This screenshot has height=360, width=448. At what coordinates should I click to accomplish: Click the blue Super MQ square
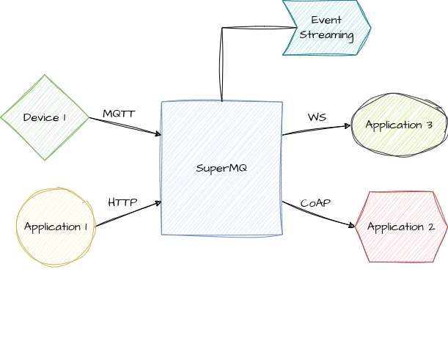[x=221, y=169]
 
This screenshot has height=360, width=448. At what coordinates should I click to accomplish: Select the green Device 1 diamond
[x=45, y=117]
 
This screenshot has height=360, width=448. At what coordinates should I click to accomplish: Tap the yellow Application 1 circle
[x=56, y=227]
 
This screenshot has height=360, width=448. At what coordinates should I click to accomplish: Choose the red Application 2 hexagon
[x=401, y=227]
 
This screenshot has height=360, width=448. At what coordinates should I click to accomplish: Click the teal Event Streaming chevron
[x=326, y=27]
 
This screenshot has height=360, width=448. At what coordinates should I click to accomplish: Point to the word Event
[x=326, y=19]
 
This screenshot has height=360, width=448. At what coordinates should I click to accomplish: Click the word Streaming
[x=326, y=34]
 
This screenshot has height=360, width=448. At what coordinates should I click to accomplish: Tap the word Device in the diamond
[x=40, y=117]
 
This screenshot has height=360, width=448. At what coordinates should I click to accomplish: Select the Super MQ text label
[x=221, y=169]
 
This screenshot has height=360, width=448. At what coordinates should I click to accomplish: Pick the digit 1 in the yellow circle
[x=87, y=227]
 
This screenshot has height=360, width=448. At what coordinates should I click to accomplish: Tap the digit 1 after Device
[x=65, y=117]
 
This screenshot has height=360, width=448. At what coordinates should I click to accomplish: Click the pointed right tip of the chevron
[x=370, y=28]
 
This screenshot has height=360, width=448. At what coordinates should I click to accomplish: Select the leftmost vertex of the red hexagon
[x=356, y=227]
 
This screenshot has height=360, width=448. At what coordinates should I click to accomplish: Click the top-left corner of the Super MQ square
[x=162, y=102]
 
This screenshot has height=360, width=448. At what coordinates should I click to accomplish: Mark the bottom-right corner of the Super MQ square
[x=282, y=235]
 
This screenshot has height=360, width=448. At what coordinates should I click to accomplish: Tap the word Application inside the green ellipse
[x=393, y=125]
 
